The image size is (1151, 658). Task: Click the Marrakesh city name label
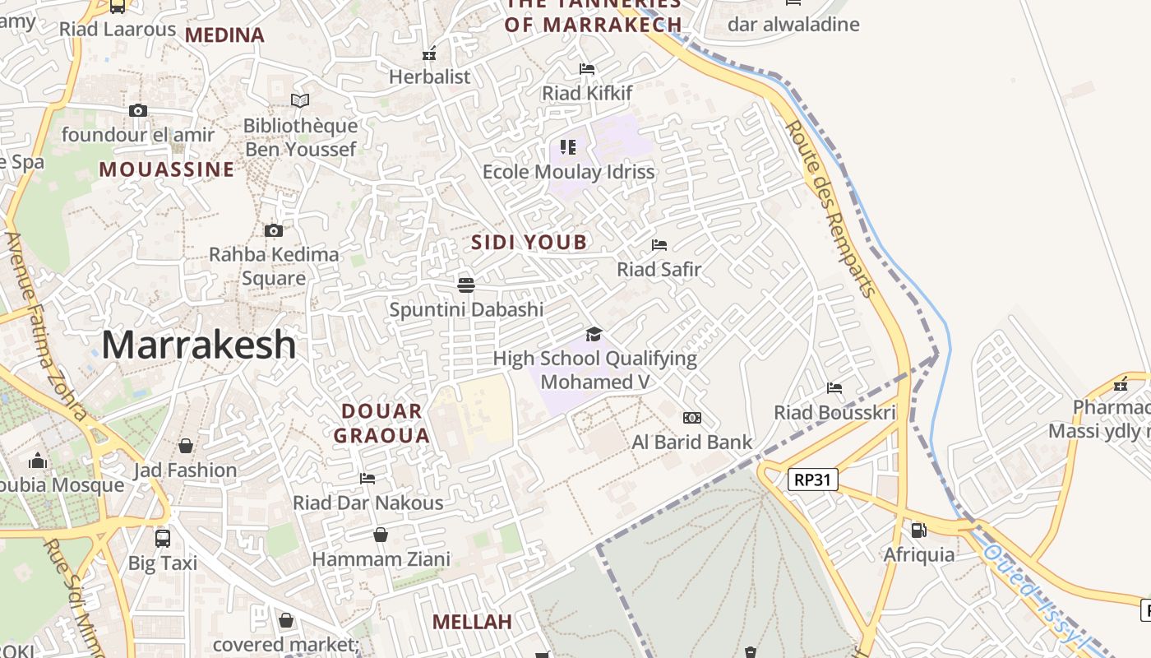pos(198,345)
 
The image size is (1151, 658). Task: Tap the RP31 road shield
pos(813,480)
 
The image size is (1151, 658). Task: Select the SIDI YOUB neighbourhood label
pos(529,242)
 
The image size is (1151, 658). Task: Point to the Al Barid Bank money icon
pos(692,418)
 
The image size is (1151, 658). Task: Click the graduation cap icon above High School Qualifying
pos(594,334)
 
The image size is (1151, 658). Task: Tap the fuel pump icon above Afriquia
pos(918,531)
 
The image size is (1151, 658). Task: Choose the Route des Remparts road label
pos(831,209)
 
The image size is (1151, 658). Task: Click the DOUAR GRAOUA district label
pos(381,423)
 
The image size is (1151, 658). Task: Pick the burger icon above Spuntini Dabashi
pos(466,285)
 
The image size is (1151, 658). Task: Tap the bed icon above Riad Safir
pos(659,245)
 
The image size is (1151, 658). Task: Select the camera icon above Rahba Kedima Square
pos(274,231)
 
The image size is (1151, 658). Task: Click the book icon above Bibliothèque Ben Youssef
pos(300,101)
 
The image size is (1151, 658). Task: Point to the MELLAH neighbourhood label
pos(472,622)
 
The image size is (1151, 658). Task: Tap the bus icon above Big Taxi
pos(163,539)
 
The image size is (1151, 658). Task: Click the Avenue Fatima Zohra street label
pos(45,326)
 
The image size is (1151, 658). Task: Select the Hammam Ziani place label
pos(381,559)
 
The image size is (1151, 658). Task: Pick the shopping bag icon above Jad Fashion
pos(186,446)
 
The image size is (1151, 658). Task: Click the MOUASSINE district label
pos(167,169)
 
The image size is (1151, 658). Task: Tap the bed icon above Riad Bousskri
pos(834,388)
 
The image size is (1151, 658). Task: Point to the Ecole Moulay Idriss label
pos(568,172)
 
